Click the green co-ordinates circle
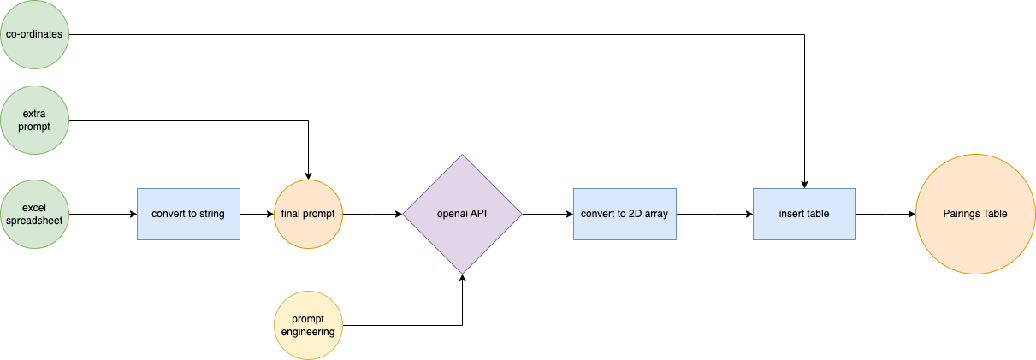click(34, 35)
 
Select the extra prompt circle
click(34, 121)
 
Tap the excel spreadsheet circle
click(34, 214)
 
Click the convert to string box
click(188, 214)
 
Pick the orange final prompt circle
click(308, 214)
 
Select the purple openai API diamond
click(462, 214)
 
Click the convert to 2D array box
click(625, 214)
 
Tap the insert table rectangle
click(804, 214)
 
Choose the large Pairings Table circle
click(975, 214)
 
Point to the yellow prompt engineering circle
click(308, 325)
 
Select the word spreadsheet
click(34, 221)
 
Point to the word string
click(211, 214)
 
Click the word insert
click(791, 214)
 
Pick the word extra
click(34, 114)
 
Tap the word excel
click(34, 208)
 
